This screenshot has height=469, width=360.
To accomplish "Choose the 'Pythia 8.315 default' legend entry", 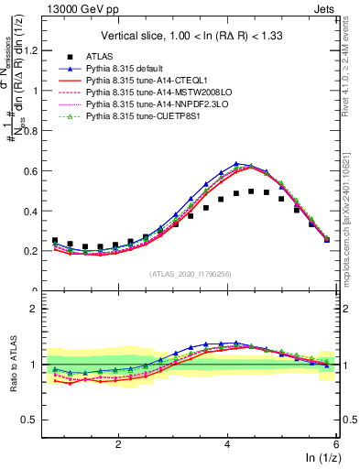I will coord(129,69).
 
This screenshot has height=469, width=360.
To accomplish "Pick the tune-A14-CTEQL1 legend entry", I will coord(142,81).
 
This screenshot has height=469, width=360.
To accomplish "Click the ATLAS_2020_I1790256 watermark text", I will coord(190,273).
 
